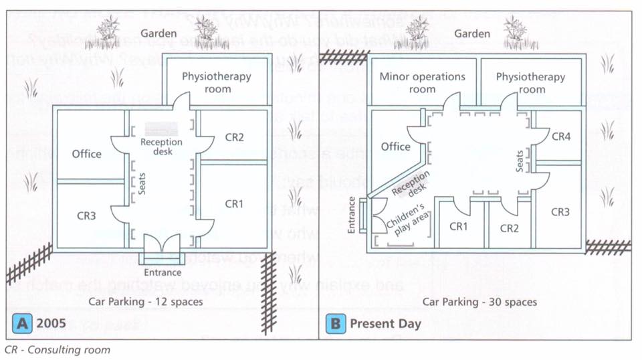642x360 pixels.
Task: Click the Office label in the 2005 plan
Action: click(87, 154)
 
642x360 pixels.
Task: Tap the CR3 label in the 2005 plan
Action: click(83, 215)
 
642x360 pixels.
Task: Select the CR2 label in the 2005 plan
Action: click(234, 138)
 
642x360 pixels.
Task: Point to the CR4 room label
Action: click(561, 137)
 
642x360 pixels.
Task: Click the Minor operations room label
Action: click(422, 82)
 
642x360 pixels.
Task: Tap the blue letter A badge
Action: click(23, 323)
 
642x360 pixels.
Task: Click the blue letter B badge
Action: click(333, 324)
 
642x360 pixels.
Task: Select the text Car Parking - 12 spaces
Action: click(146, 301)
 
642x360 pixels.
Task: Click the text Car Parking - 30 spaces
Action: click(479, 302)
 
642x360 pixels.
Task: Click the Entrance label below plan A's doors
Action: click(163, 272)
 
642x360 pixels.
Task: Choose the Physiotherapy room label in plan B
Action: click(530, 82)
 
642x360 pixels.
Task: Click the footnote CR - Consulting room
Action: click(57, 349)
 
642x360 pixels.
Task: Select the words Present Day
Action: click(386, 324)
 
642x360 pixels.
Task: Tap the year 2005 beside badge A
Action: click(51, 324)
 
